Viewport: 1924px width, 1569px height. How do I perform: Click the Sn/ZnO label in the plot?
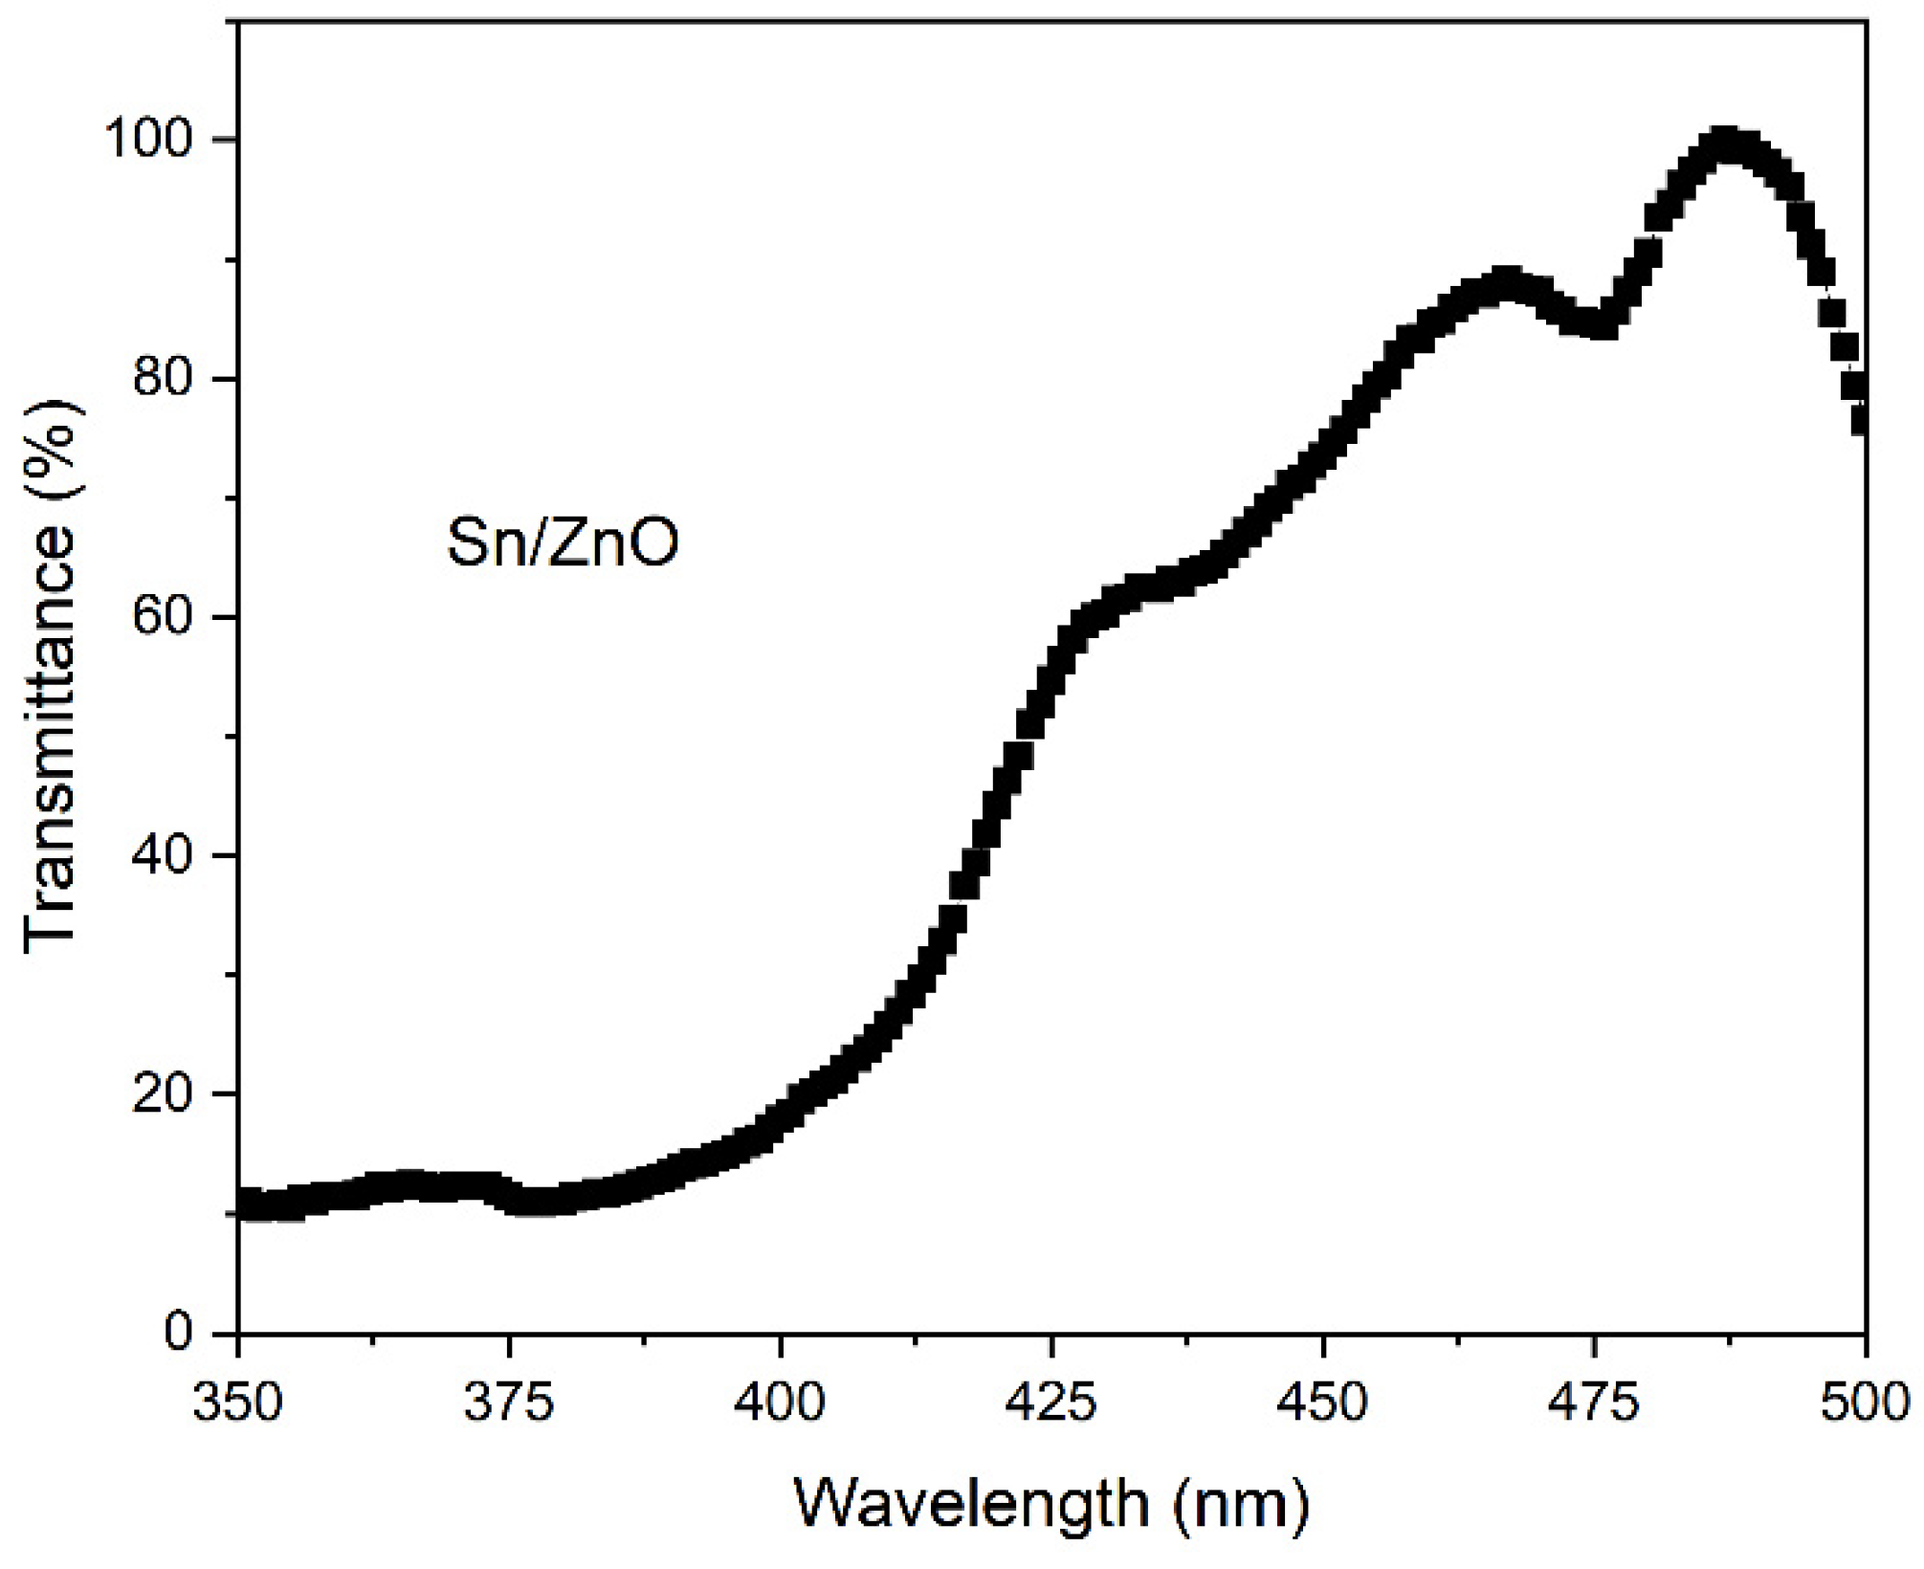563,543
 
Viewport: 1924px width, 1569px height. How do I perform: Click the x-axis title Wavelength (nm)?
1050,1503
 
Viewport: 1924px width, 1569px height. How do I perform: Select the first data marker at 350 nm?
244,1204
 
